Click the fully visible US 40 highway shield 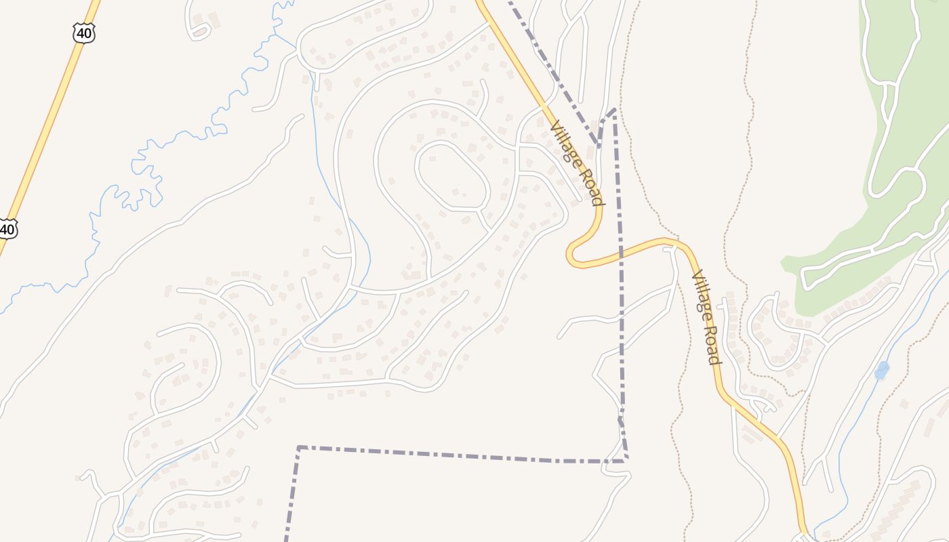[83, 33]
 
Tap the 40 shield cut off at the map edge [7, 229]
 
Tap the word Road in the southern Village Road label [712, 346]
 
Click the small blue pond [881, 371]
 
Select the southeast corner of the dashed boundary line [626, 461]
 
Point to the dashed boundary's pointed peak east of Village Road [613, 110]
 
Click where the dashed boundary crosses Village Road [620, 252]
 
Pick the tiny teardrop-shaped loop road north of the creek [199, 30]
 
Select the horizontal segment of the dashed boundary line [461, 455]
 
